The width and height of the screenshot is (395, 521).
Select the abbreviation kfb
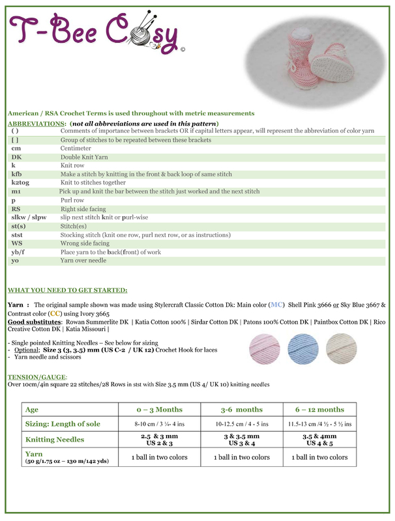[18, 175]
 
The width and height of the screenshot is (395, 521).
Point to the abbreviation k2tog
[22, 183]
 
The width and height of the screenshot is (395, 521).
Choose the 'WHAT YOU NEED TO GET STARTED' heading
[67, 290]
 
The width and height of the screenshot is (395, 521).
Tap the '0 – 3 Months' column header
[159, 409]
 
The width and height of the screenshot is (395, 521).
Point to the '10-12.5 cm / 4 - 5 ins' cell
[242, 424]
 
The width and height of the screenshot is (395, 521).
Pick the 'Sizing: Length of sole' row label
[63, 424]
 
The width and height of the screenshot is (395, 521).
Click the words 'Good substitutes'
[33, 321]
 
